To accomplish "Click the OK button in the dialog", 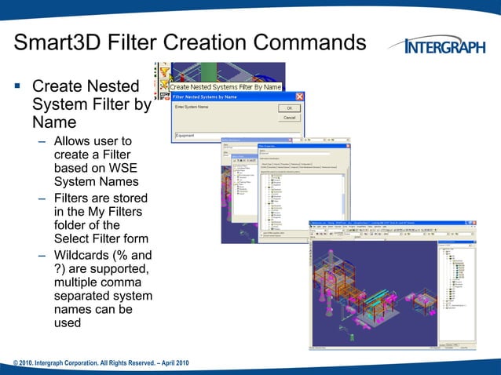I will click(x=290, y=107).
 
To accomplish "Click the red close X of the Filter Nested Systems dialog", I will click(x=299, y=96).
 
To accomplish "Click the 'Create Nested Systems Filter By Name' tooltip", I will click(x=226, y=87).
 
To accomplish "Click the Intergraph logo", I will click(x=444, y=46).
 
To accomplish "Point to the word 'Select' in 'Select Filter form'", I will click(x=71, y=238).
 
